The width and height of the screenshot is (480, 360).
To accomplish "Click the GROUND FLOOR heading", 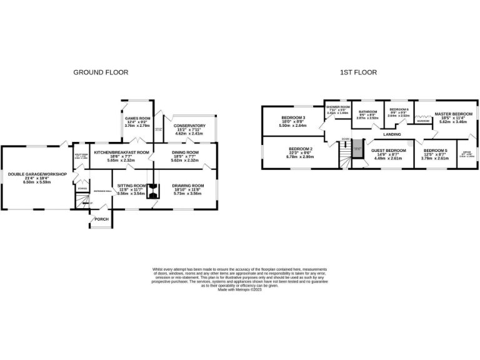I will pyautogui.click(x=101, y=72).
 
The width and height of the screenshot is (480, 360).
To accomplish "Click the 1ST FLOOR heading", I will pyautogui.click(x=358, y=72).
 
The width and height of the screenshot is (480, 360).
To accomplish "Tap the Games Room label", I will pyautogui.click(x=137, y=118).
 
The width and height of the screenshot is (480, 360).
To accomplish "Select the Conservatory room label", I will pyautogui.click(x=189, y=126).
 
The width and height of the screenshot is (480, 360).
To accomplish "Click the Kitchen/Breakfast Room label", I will pyautogui.click(x=121, y=152).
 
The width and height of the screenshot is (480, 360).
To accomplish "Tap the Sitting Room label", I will pyautogui.click(x=131, y=186).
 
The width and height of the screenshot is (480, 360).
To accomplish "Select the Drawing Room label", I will pyautogui.click(x=189, y=186).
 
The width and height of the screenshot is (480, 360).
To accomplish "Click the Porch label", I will pyautogui.click(x=101, y=219).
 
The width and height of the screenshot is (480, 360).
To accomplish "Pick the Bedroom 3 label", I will pyautogui.click(x=292, y=118).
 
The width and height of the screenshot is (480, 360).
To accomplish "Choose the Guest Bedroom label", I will pyautogui.click(x=389, y=151).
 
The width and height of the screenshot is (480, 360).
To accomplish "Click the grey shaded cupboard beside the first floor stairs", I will pyautogui.click(x=357, y=150).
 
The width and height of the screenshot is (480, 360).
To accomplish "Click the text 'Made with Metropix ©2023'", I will pyautogui.click(x=240, y=288).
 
